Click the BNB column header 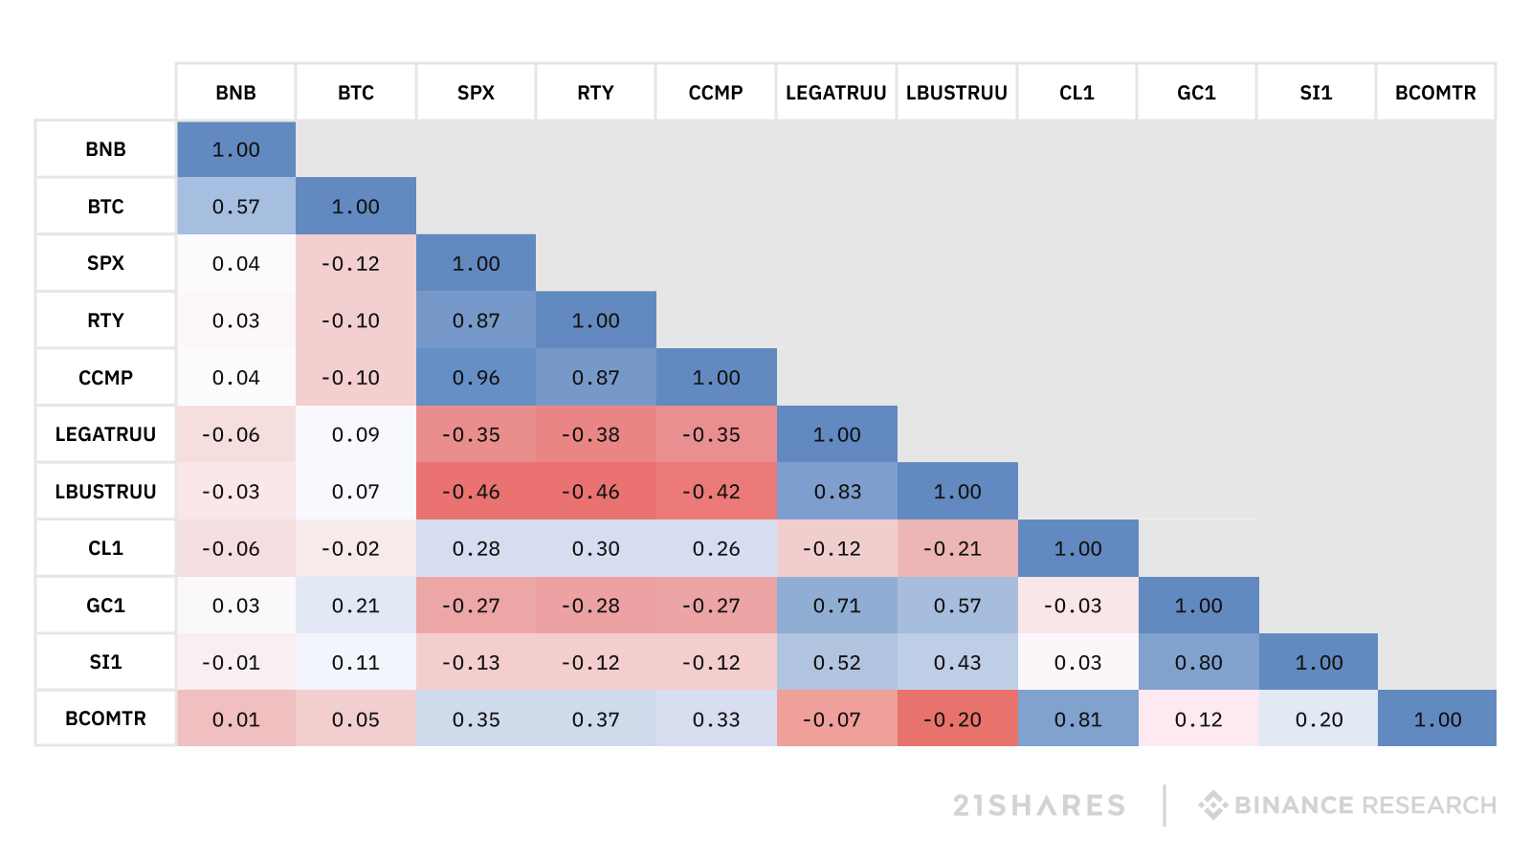point(235,93)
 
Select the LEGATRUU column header point(835,93)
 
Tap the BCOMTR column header point(1435,93)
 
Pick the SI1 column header point(1316,93)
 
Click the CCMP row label point(105,378)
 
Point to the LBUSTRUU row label point(105,492)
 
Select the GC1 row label point(105,606)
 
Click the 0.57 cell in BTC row point(235,207)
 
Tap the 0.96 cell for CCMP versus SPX point(476,378)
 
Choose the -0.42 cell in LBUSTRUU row point(716,492)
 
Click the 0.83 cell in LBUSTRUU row point(837,492)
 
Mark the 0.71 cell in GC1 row point(837,606)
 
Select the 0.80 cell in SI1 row point(1198,662)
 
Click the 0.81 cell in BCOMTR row point(1077,719)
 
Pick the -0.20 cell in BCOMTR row point(957,719)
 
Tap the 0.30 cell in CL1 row point(595,548)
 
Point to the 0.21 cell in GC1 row point(355,606)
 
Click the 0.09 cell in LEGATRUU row point(355,434)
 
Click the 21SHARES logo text point(1039,806)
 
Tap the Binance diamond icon point(1212,805)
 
